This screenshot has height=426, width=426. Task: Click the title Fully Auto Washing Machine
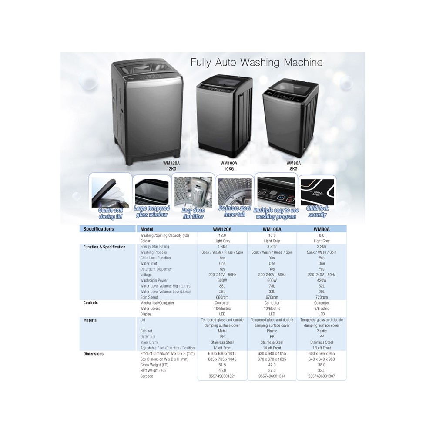pyautogui.click(x=256, y=62)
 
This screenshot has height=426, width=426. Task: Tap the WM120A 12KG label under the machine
pyautogui.click(x=171, y=166)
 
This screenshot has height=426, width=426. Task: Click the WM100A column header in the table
pyautogui.click(x=272, y=229)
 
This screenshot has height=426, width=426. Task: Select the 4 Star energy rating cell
pyautogui.click(x=222, y=247)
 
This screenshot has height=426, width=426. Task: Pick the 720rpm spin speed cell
pyautogui.click(x=322, y=297)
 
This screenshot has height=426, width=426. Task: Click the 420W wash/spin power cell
pyautogui.click(x=322, y=281)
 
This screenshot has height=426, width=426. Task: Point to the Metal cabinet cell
pyautogui.click(x=222, y=331)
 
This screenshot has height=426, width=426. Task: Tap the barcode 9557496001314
pyautogui.click(x=272, y=376)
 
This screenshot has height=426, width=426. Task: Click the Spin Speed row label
pyautogui.click(x=149, y=297)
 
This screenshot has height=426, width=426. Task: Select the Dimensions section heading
pyautogui.click(x=94, y=354)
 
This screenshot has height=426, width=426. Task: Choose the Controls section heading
pyautogui.click(x=91, y=303)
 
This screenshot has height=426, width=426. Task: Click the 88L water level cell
pyautogui.click(x=222, y=286)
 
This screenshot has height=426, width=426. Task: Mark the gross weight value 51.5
pyautogui.click(x=222, y=365)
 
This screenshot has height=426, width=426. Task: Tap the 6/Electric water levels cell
pyautogui.click(x=322, y=309)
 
